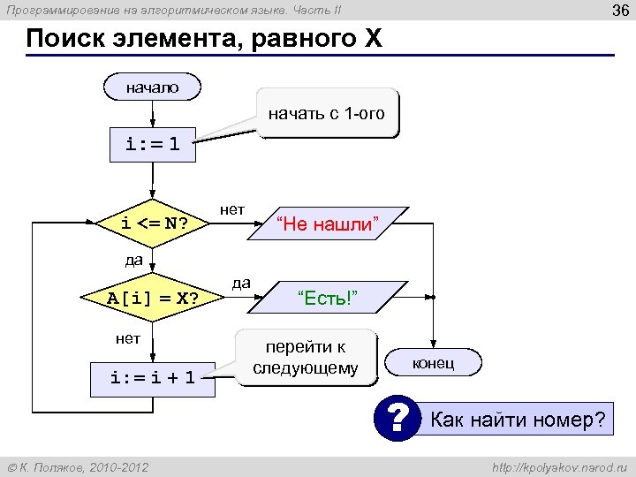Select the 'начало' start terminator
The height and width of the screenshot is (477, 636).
click(x=152, y=87)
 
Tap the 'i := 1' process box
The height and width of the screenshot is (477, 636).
click(x=152, y=145)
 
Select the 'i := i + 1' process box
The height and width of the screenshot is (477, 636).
click(x=152, y=378)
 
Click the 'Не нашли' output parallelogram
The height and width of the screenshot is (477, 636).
click(x=329, y=224)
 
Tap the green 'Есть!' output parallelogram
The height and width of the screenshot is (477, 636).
click(x=328, y=297)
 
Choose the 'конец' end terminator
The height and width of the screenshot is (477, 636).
click(x=433, y=363)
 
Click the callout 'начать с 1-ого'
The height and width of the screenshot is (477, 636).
click(x=327, y=114)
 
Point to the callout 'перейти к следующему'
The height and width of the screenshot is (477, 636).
click(x=306, y=358)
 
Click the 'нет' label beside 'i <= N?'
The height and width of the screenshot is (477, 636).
click(x=232, y=208)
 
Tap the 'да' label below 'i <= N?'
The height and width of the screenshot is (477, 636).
click(x=133, y=260)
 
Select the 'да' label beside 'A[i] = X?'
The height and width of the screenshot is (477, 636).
click(x=240, y=283)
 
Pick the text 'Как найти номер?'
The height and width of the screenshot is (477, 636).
click(x=519, y=420)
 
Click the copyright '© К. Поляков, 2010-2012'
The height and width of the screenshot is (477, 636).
click(x=78, y=466)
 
